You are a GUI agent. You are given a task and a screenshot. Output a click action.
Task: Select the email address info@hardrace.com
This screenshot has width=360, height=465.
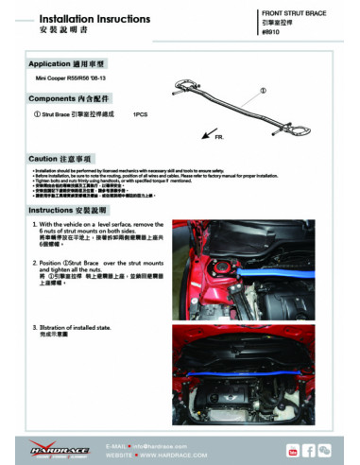162,439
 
